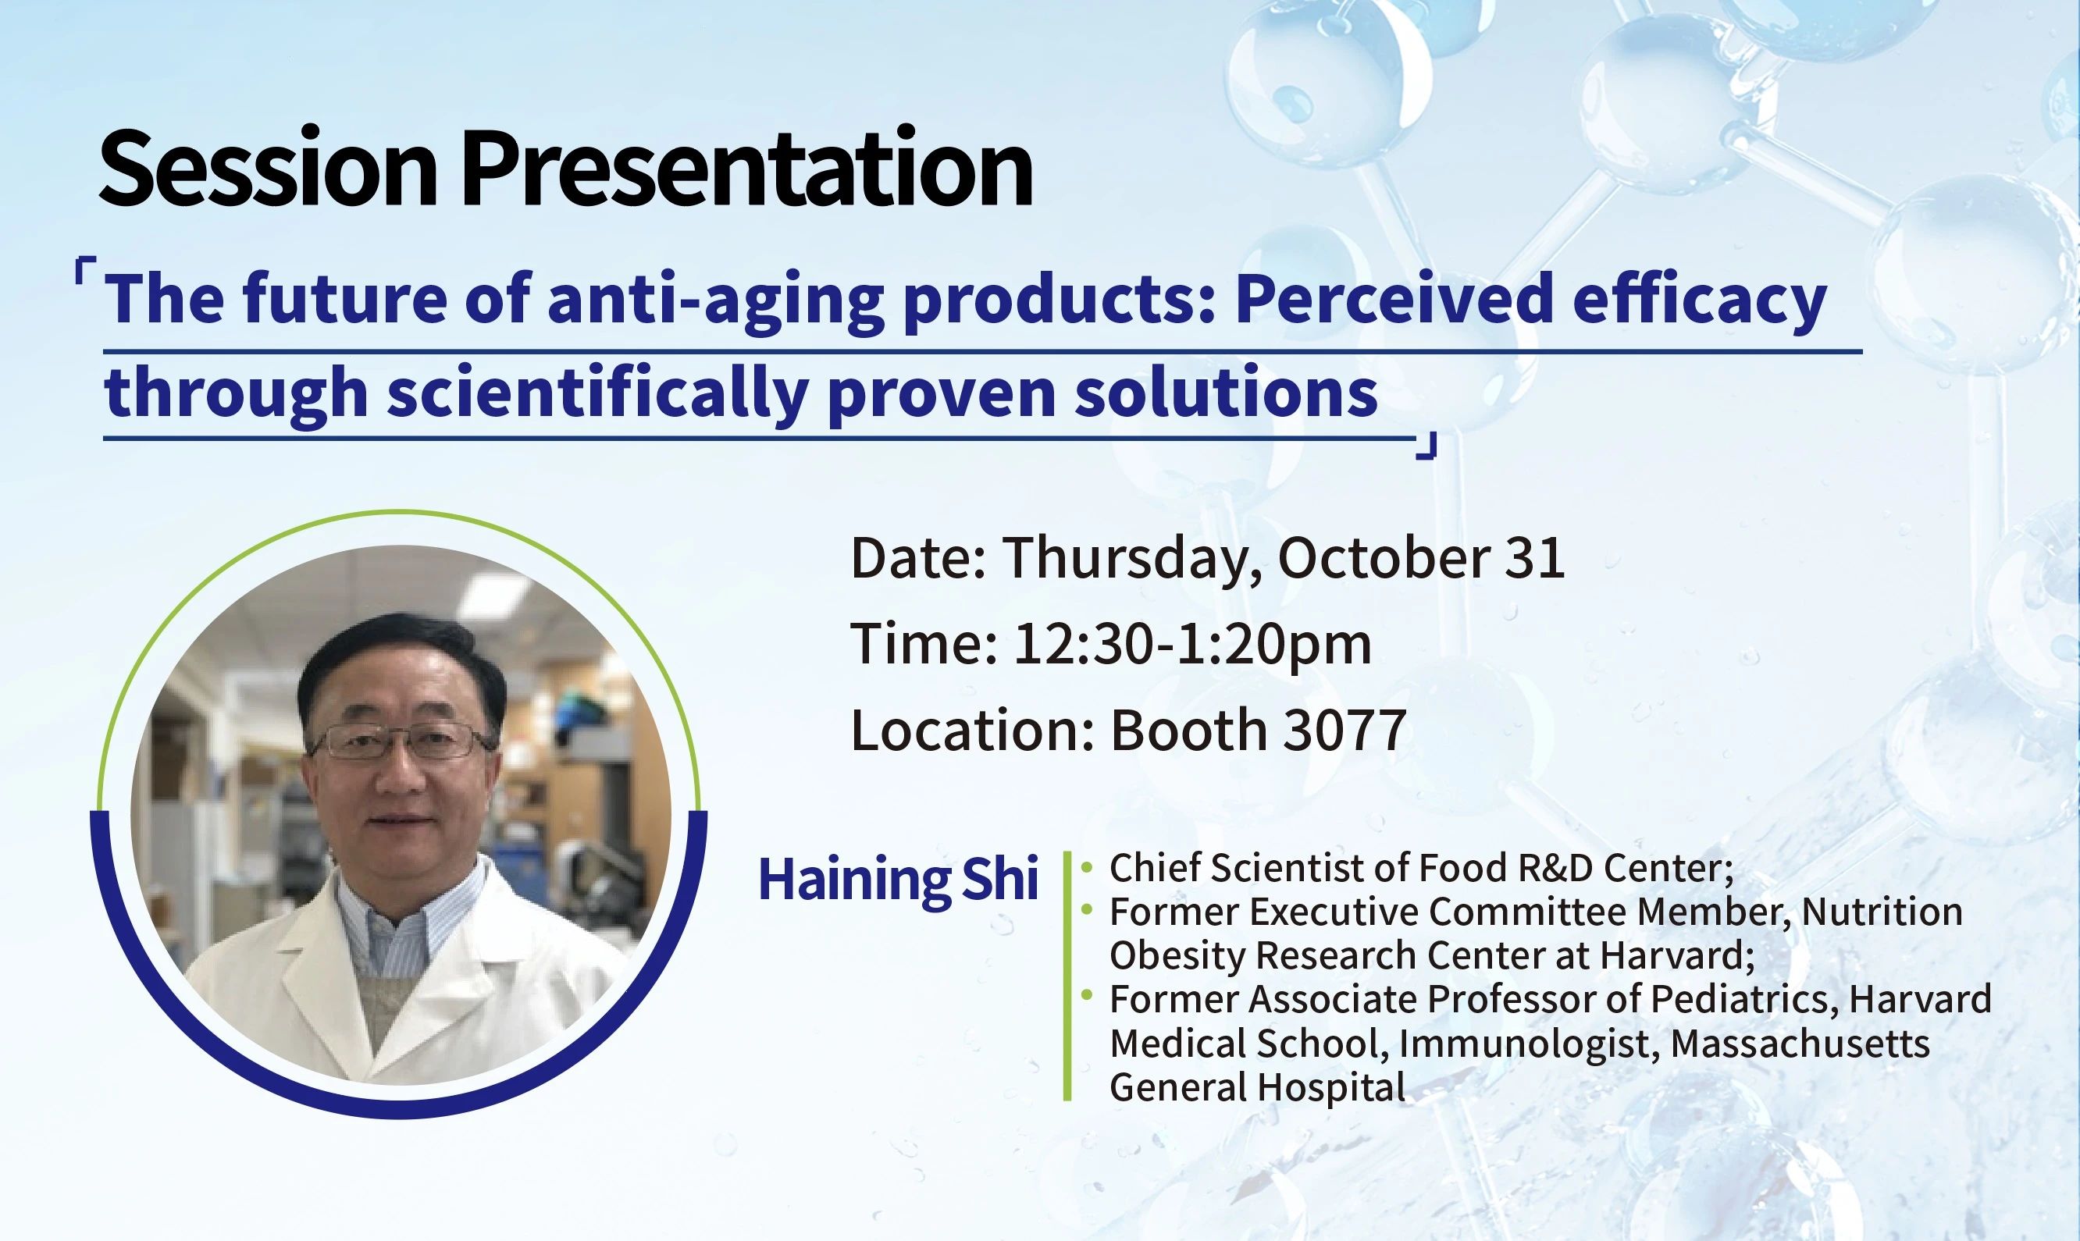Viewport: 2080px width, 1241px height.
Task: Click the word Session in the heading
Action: click(269, 167)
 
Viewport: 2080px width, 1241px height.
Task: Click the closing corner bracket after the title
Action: click(1425, 446)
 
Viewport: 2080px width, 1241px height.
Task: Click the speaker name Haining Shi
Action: click(898, 880)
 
